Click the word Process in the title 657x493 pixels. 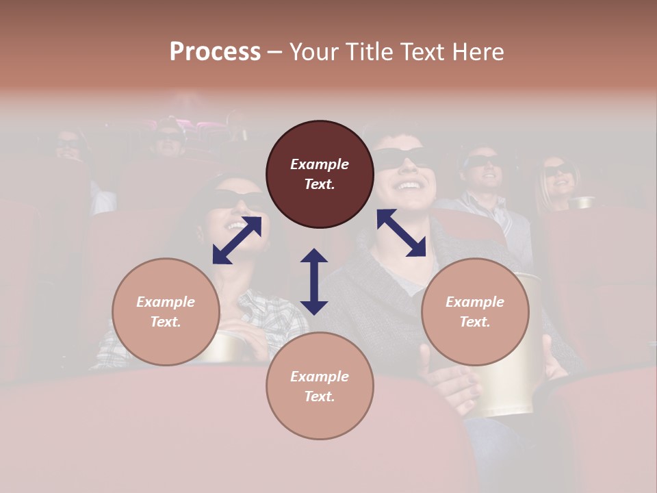215,52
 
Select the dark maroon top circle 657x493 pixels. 320,175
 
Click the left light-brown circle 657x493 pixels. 166,312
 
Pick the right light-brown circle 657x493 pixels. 475,312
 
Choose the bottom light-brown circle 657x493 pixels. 320,386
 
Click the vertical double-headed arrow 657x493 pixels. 314,281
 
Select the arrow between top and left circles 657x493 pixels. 237,240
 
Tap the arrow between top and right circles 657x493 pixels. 401,233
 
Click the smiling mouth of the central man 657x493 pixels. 409,186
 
